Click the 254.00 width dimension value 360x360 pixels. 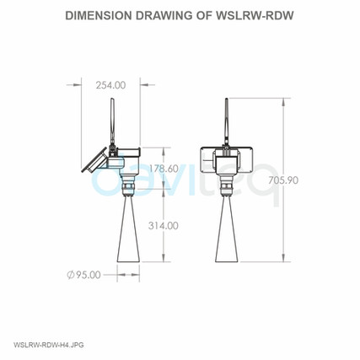click(x=110, y=84)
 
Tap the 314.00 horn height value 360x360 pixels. click(x=162, y=225)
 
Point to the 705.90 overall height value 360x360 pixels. click(x=309, y=180)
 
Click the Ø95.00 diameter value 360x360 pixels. click(x=83, y=274)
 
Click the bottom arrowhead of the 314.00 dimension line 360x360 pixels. click(x=162, y=264)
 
